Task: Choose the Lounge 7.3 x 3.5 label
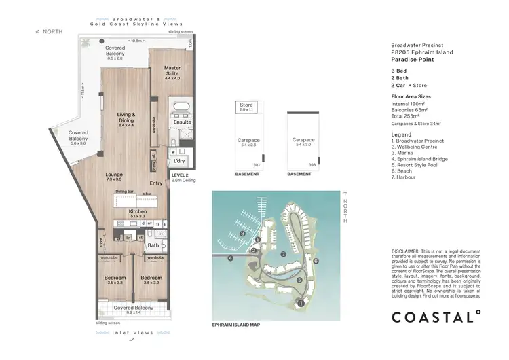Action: tap(113, 176)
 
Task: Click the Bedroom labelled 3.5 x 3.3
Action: tap(114, 281)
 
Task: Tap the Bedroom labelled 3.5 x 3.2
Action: tap(151, 281)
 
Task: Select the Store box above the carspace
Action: tap(246, 106)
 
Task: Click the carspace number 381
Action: tap(257, 164)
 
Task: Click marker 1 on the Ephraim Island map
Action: tap(301, 304)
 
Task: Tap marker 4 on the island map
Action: tap(231, 258)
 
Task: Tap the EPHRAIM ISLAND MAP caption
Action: tap(236, 325)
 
